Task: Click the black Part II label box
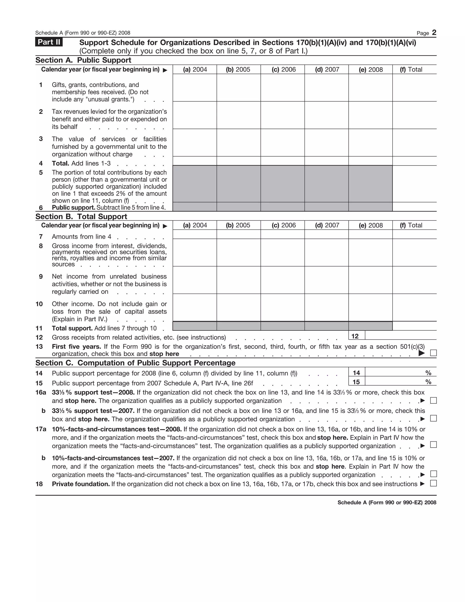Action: tap(49, 42)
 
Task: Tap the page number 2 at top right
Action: tap(434, 32)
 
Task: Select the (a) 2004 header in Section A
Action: tap(195, 70)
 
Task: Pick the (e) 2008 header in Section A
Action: tap(371, 70)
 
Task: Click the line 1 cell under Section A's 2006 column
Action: tap(282, 88)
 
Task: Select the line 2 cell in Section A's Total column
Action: tap(414, 115)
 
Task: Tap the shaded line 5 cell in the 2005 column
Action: tap(239, 184)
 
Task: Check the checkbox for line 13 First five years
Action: tap(433, 353)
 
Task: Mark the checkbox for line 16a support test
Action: tap(433, 400)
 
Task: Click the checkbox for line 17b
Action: tap(433, 474)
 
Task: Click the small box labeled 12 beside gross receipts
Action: tap(355, 336)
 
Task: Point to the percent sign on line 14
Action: tap(428, 373)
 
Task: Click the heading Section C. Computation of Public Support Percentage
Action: tap(135, 363)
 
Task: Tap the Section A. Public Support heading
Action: tap(83, 60)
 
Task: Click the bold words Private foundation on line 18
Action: tap(81, 484)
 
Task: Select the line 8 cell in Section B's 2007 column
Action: tap(326, 252)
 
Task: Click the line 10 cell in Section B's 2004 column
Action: tap(195, 308)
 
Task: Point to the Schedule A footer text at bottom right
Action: tap(387, 502)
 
